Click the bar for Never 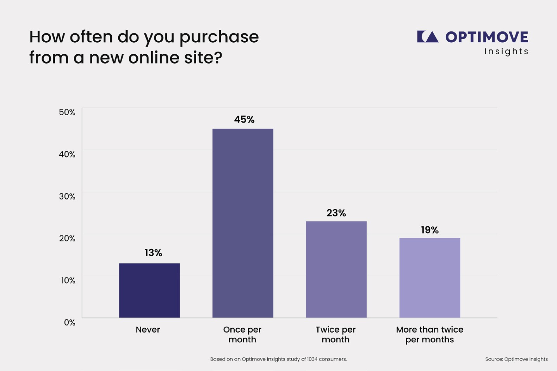coord(149,290)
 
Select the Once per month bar coord(243,223)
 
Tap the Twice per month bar coord(336,269)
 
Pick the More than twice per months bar coord(430,278)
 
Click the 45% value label coord(244,120)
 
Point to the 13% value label coord(153,253)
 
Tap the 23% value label coord(336,213)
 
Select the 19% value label coord(430,230)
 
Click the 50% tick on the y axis coord(67,112)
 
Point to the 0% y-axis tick coord(70,322)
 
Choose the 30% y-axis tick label coord(67,196)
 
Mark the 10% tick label coord(68,281)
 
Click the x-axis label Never coord(148,330)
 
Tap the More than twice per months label coord(430,335)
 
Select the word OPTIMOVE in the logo coord(487,37)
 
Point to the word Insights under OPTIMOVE coord(506,52)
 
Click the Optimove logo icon coord(428,37)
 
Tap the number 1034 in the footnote coord(313,359)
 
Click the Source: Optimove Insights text coord(516,359)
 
